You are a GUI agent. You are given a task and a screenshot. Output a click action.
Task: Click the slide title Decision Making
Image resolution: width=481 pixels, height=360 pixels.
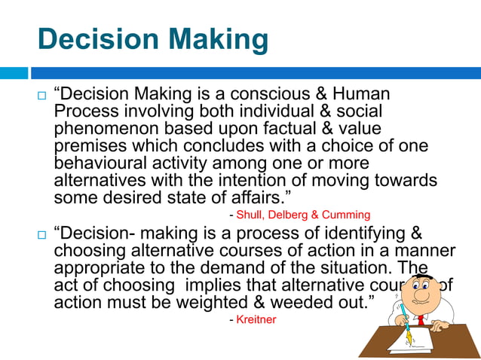[x=152, y=39]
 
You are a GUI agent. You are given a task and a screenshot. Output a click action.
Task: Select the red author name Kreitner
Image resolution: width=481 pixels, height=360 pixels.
[x=256, y=320]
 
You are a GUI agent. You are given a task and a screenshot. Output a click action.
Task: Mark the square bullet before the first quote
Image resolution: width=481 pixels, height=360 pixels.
[x=41, y=97]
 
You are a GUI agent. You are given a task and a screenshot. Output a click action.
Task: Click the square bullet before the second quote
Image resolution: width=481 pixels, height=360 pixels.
[x=41, y=236]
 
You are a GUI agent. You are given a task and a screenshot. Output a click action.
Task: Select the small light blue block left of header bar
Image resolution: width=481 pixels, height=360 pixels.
[x=14, y=73]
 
